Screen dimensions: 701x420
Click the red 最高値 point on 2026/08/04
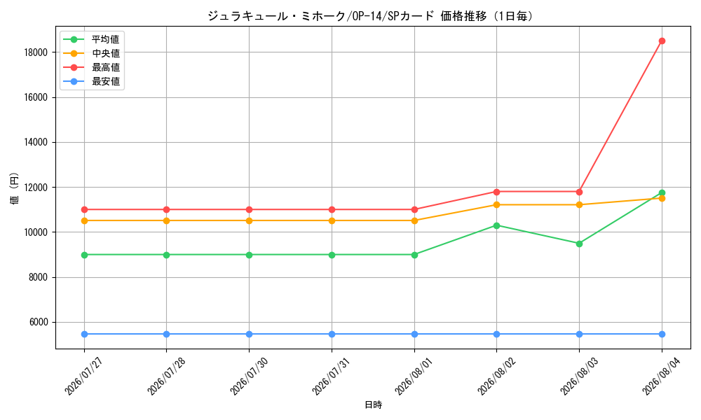click(662, 41)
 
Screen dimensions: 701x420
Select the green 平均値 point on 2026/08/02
click(496, 225)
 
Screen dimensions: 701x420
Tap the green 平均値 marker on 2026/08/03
click(579, 244)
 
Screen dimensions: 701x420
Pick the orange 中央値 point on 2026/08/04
click(662, 198)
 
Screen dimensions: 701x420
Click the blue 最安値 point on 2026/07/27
click(84, 334)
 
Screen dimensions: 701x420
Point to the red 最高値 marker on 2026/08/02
click(496, 192)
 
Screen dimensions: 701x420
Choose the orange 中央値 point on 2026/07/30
click(249, 220)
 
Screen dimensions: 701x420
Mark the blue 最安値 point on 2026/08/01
click(414, 334)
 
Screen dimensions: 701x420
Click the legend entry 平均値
click(92, 39)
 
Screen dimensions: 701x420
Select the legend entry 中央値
click(92, 53)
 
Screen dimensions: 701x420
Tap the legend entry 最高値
click(92, 67)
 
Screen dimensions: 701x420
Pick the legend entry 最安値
click(92, 81)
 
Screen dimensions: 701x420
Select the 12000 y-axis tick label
click(35, 188)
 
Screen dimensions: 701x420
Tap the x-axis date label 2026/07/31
click(329, 377)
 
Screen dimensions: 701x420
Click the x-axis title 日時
click(374, 405)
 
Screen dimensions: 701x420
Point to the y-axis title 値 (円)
click(14, 188)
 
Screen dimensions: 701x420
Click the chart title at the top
click(371, 16)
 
